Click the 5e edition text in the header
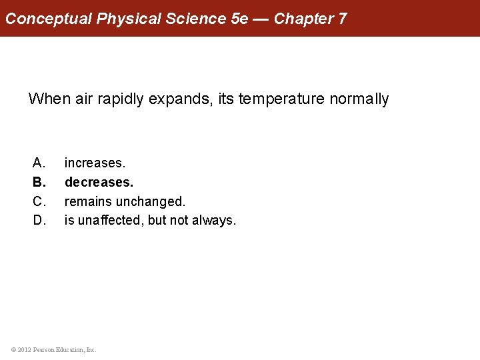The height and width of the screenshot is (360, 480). pos(239,19)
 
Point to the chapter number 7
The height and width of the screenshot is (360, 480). pos(342,19)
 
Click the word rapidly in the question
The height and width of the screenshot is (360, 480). pos(119,99)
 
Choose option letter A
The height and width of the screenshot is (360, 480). pos(39,163)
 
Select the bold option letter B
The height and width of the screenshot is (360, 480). pos(39,182)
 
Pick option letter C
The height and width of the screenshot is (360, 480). pos(39,201)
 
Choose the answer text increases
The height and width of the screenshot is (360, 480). pos(95,163)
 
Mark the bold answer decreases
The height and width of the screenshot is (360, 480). pos(99,182)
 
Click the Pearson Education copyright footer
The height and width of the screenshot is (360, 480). pos(54,349)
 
